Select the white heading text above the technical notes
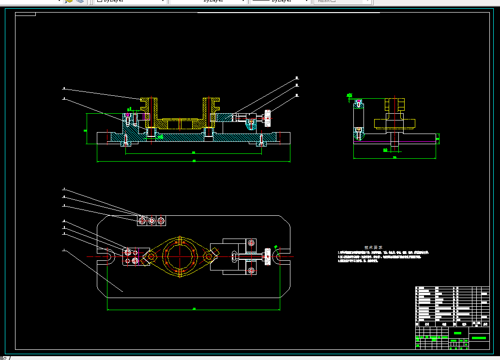pyautogui.click(x=374, y=247)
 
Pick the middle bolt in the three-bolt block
pyautogui.click(x=152, y=221)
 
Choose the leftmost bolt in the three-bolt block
pyautogui.click(x=142, y=221)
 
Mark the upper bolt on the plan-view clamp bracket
pyautogui.click(x=251, y=242)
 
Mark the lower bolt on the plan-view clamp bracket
pyautogui.click(x=251, y=270)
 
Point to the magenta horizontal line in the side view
pyautogui.click(x=394, y=142)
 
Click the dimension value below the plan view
pyautogui.click(x=194, y=308)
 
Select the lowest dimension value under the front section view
pyautogui.click(x=194, y=161)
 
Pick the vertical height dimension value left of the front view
pyautogui.click(x=85, y=130)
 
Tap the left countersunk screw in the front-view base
pyautogui.click(x=126, y=140)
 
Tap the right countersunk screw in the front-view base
pyautogui.click(x=261, y=140)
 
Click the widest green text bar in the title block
pyautogui.click(x=479, y=338)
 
